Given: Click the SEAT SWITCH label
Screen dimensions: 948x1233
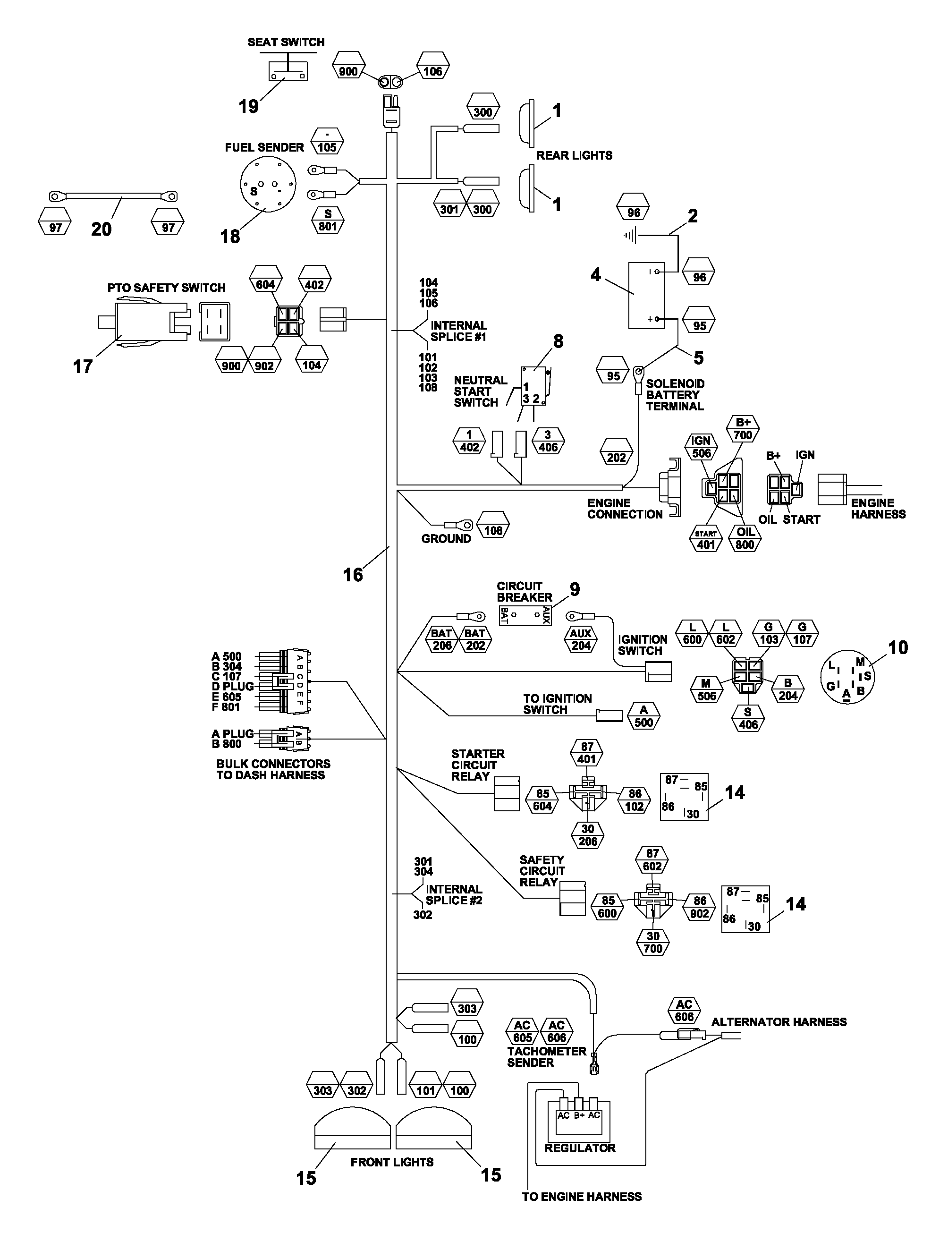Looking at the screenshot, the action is point(286,43).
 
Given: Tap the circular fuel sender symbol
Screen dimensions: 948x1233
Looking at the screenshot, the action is point(268,184).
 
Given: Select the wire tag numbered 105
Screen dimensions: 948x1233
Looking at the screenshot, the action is point(327,141).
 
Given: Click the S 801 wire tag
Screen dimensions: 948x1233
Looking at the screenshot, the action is point(328,220).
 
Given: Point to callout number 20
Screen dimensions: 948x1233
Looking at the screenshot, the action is point(102,229).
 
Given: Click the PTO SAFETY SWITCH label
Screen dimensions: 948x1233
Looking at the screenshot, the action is point(167,288).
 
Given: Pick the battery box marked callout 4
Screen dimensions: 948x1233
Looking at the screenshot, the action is point(646,295).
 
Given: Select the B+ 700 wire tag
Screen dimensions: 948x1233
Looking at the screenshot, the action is point(743,429).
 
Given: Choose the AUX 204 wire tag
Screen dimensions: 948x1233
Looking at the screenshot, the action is point(581,640).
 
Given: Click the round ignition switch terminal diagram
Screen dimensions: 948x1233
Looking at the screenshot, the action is point(847,677).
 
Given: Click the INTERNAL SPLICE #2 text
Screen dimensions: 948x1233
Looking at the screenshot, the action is point(454,895).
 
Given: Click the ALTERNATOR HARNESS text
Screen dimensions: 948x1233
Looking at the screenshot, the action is point(779,1022).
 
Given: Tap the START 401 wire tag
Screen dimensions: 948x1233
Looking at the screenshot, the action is point(706,539).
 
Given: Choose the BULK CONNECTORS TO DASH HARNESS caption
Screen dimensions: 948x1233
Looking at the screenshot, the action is point(274,770).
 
